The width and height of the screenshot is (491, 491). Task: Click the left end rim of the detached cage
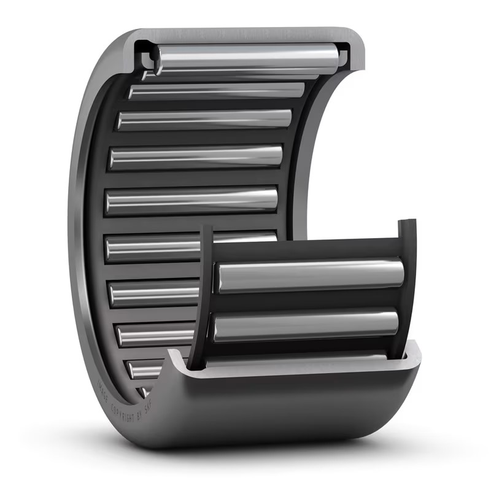pyautogui.click(x=202, y=295)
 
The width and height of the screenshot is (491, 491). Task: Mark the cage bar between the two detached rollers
pyautogui.click(x=307, y=301)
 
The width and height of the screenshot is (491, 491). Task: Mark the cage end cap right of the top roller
pyautogui.click(x=343, y=59)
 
